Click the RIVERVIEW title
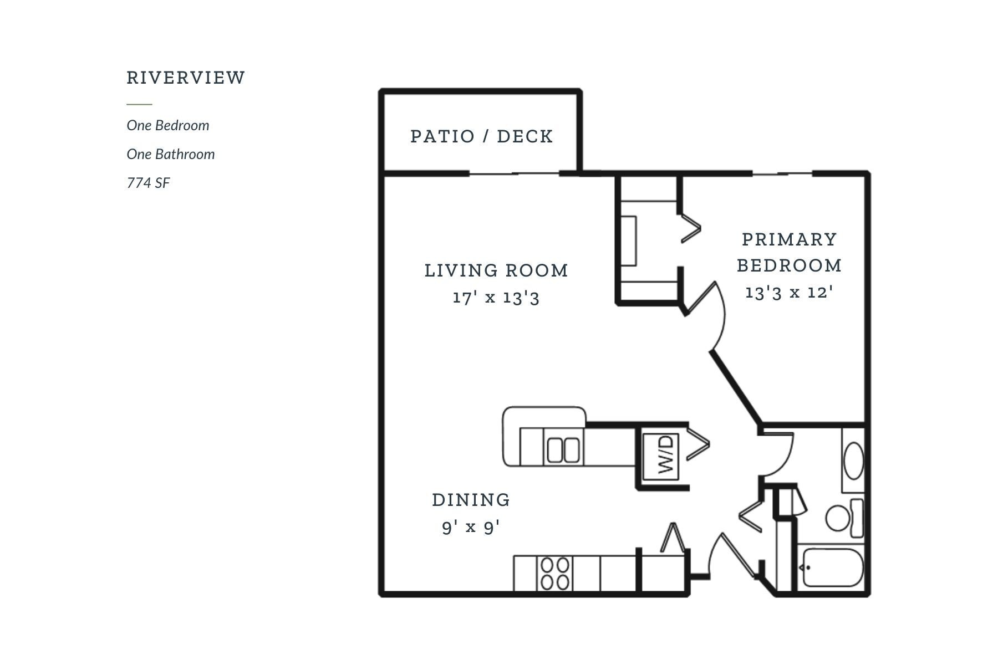(x=186, y=78)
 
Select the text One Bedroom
(x=168, y=125)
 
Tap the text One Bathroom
(x=171, y=154)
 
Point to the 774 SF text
(x=148, y=183)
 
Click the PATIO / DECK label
(x=482, y=136)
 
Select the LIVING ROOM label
(x=496, y=270)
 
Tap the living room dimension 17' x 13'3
(x=496, y=298)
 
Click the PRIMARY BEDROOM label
(x=789, y=252)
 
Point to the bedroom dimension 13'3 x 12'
(x=789, y=292)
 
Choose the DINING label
(x=471, y=500)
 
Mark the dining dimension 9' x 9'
(x=471, y=526)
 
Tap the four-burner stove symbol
(x=555, y=574)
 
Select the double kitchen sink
(x=563, y=450)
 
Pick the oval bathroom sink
(x=853, y=460)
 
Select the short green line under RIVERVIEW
(x=139, y=104)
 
